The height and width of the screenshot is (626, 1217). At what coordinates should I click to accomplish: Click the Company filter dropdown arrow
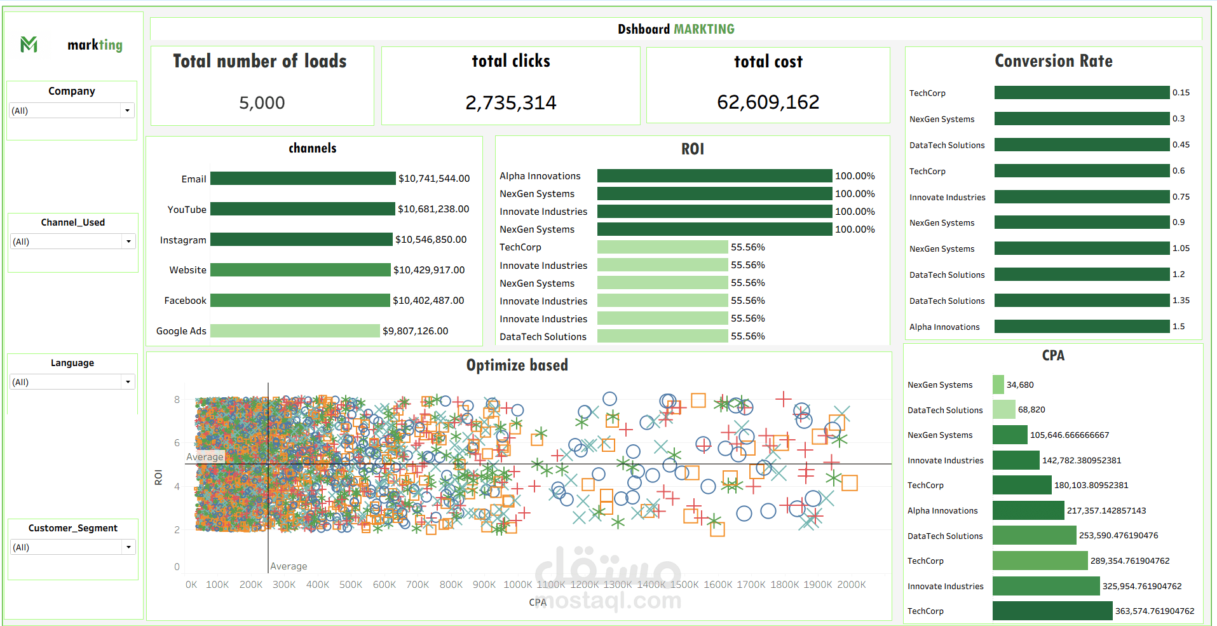tap(127, 111)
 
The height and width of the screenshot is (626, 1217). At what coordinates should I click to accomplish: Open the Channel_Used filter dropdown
tap(128, 242)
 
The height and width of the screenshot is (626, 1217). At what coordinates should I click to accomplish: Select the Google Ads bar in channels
tap(295, 330)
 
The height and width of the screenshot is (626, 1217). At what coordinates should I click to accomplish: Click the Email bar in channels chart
tap(303, 179)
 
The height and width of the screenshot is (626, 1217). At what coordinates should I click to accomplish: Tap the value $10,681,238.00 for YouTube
tap(433, 209)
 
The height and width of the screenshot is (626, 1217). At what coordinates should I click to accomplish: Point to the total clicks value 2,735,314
tap(510, 102)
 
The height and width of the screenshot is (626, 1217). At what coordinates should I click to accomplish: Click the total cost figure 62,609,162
tap(768, 102)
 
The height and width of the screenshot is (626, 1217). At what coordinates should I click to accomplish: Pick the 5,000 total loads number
tap(262, 102)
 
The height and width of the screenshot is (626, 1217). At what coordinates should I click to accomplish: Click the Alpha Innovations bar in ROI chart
tap(714, 175)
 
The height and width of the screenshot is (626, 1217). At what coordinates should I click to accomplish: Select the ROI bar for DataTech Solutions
tap(662, 336)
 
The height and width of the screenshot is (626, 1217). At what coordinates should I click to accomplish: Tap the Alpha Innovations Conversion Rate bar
tap(1082, 327)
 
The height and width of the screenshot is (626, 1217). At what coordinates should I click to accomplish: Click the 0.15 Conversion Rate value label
tap(1181, 93)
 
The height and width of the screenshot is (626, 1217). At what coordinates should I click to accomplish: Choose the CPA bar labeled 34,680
tap(998, 384)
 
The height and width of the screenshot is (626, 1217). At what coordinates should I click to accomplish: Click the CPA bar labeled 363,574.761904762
tap(1052, 611)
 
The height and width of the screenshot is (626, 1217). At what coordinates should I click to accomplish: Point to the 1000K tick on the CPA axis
tap(517, 585)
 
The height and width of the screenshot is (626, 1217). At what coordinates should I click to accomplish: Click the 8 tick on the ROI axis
tap(177, 400)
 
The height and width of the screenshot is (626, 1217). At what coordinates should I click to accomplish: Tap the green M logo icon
tap(29, 44)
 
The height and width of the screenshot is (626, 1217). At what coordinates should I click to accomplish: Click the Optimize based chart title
tap(517, 365)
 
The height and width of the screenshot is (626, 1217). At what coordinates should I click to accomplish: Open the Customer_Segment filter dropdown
tap(128, 547)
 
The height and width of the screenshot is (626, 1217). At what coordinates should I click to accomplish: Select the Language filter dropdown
tap(128, 382)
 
